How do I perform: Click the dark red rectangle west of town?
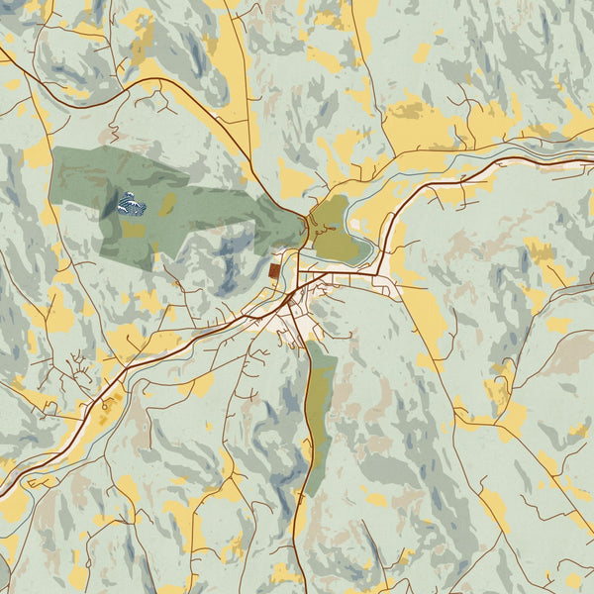point(274,270)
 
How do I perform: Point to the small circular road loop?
point(102,405)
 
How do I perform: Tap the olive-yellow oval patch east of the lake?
point(167,204)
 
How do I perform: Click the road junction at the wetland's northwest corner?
point(304,213)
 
